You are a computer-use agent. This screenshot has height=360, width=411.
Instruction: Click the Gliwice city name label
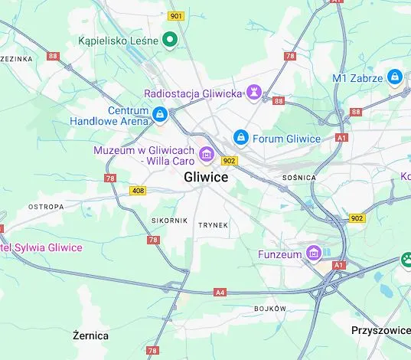(x=206, y=177)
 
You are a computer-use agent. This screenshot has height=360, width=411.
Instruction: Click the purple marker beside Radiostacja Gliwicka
(x=255, y=93)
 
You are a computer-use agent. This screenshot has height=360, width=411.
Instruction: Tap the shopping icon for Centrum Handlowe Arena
(x=159, y=115)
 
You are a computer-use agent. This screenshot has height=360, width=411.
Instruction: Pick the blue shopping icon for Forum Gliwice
(x=241, y=138)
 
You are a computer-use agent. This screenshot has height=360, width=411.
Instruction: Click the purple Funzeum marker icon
(x=312, y=253)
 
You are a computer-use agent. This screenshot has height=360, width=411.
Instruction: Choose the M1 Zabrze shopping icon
(x=394, y=77)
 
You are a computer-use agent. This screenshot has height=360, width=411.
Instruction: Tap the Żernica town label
(x=90, y=335)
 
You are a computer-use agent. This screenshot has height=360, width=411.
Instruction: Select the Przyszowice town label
(x=380, y=331)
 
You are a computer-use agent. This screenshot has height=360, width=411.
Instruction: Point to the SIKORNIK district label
(x=169, y=221)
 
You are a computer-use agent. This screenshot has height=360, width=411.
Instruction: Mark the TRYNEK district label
(x=213, y=225)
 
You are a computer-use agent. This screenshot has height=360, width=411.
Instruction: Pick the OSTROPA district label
(x=46, y=207)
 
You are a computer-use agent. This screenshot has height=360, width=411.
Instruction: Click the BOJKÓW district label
(x=269, y=309)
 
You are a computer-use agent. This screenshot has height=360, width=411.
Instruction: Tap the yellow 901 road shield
(x=177, y=16)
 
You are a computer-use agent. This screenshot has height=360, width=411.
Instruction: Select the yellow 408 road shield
(x=138, y=190)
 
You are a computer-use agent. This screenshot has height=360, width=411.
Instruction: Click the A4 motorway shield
(x=220, y=292)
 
